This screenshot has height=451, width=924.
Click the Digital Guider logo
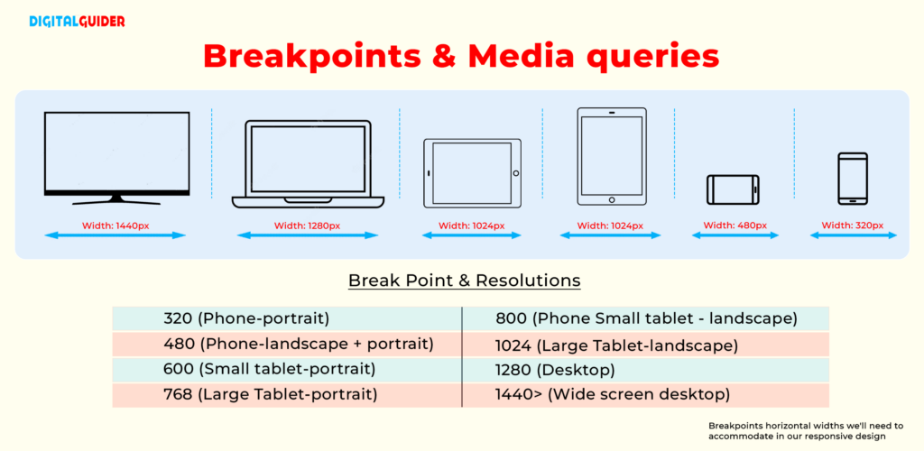pos(77,21)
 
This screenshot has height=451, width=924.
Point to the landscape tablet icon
pos(472,172)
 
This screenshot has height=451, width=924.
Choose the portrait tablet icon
pos(612,156)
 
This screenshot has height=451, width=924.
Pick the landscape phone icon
pos(733,189)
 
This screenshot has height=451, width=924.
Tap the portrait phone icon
pos(853,179)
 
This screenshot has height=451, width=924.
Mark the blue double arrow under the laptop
pos(308,235)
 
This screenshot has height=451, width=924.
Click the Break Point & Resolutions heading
pos(464,281)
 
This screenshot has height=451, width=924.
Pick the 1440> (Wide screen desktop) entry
pos(613,394)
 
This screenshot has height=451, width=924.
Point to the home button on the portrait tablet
pos(612,199)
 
